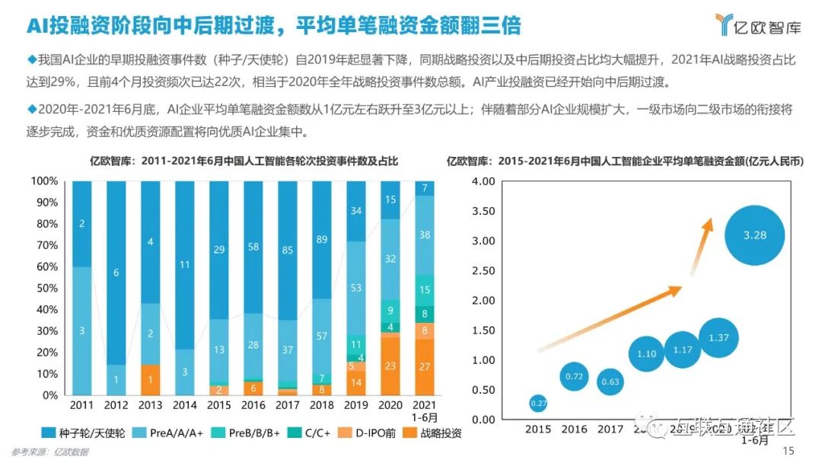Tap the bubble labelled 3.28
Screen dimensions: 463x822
(754, 235)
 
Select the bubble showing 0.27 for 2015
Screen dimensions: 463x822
(537, 403)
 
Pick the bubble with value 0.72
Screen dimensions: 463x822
(575, 376)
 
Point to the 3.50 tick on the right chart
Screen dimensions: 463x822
(484, 211)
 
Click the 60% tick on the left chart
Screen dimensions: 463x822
(44, 267)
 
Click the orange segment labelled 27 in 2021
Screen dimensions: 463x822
(424, 366)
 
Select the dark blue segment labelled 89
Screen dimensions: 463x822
(321, 240)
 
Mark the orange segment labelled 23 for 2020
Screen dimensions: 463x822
(390, 366)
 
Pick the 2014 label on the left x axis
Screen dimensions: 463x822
(184, 406)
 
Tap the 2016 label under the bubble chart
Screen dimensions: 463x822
(575, 429)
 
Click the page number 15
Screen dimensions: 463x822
(788, 451)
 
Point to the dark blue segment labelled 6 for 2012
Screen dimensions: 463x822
(116, 273)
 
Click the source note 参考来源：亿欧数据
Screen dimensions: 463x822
(50, 452)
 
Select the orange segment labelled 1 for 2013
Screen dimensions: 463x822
(150, 380)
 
